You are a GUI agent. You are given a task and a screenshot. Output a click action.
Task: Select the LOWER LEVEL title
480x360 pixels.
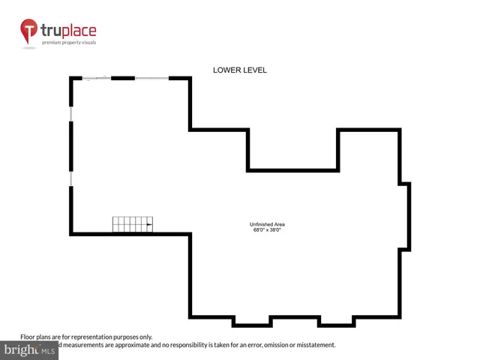240,70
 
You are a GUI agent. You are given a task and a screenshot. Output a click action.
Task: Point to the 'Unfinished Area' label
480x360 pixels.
267,225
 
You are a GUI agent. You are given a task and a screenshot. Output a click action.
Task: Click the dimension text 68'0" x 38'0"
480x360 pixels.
267,230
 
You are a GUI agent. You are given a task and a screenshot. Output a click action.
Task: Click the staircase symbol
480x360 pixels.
133,224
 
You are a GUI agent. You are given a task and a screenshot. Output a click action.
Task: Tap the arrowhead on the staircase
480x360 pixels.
150,223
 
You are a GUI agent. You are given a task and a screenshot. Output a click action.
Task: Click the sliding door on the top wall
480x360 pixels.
97,78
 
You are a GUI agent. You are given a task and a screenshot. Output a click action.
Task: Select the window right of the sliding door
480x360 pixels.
152,78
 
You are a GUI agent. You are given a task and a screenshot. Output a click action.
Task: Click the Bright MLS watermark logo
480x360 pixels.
30,350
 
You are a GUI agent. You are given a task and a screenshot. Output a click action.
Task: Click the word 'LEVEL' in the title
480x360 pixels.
253,70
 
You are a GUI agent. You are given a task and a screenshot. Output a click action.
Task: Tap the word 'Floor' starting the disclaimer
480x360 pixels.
28,337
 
